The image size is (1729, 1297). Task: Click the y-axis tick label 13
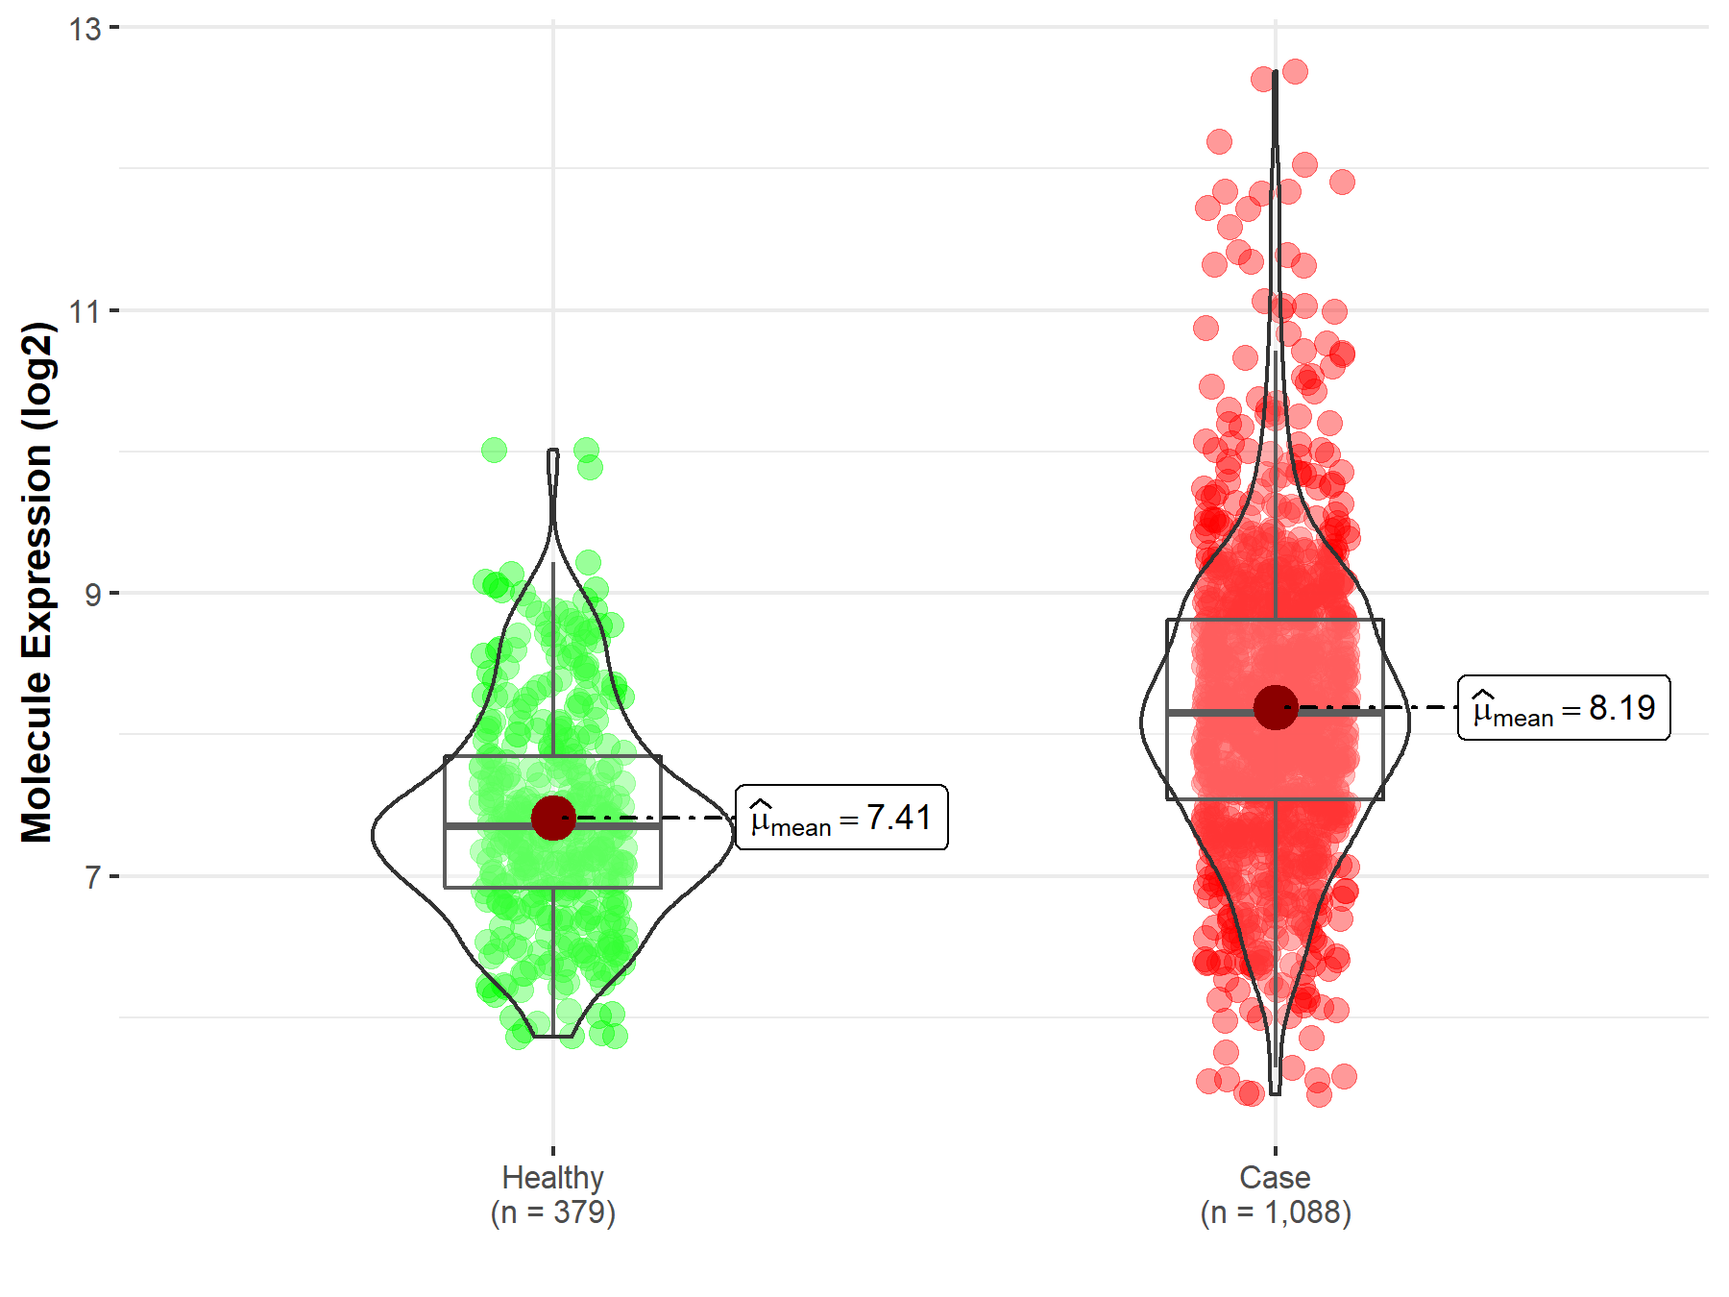click(x=85, y=29)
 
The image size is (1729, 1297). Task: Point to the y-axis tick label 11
click(x=85, y=311)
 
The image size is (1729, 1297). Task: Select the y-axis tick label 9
click(x=92, y=594)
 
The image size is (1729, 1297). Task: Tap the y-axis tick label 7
click(x=92, y=877)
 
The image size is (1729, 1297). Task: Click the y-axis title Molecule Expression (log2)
click(x=37, y=582)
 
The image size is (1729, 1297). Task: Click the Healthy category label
click(x=552, y=1177)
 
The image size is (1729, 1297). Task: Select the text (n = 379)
click(x=552, y=1212)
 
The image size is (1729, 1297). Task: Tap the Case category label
click(x=1275, y=1177)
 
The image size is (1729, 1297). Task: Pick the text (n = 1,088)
click(x=1275, y=1212)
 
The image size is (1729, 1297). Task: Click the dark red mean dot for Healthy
click(x=553, y=818)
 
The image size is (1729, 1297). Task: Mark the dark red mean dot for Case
click(x=1276, y=707)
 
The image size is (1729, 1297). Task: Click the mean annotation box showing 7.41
click(x=841, y=818)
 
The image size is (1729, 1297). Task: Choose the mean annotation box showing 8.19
click(x=1564, y=708)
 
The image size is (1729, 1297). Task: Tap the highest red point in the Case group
click(x=1295, y=71)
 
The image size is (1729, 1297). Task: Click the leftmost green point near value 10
click(x=494, y=450)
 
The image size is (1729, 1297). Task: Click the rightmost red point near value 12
click(x=1342, y=182)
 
